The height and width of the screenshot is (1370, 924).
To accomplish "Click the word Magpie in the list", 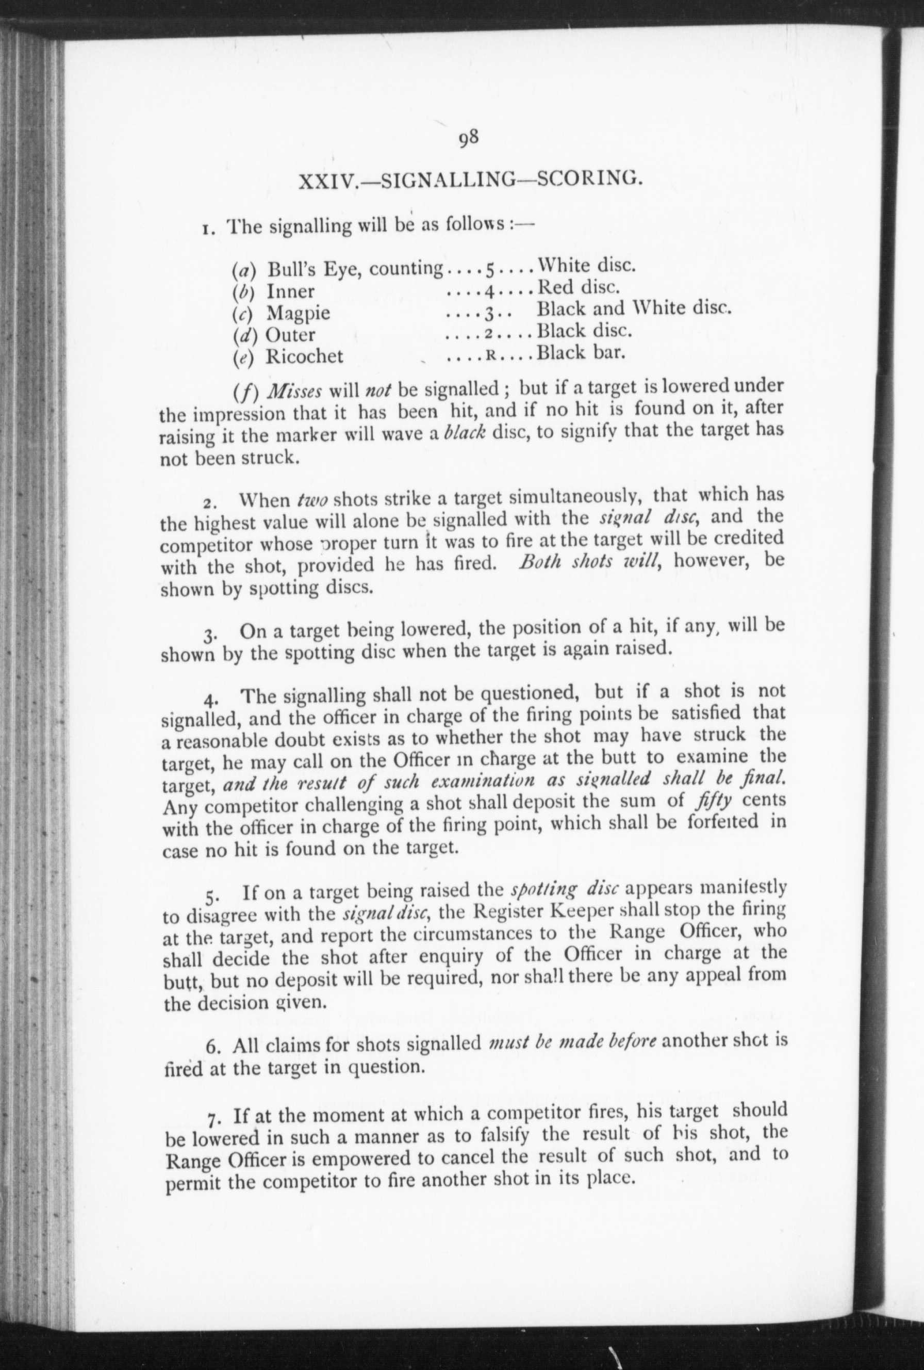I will [298, 313].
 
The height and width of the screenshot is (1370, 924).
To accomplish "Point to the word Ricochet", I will [304, 356].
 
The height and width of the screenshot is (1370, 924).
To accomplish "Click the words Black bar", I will [580, 352].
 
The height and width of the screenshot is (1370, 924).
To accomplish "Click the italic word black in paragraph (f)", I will [465, 433].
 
